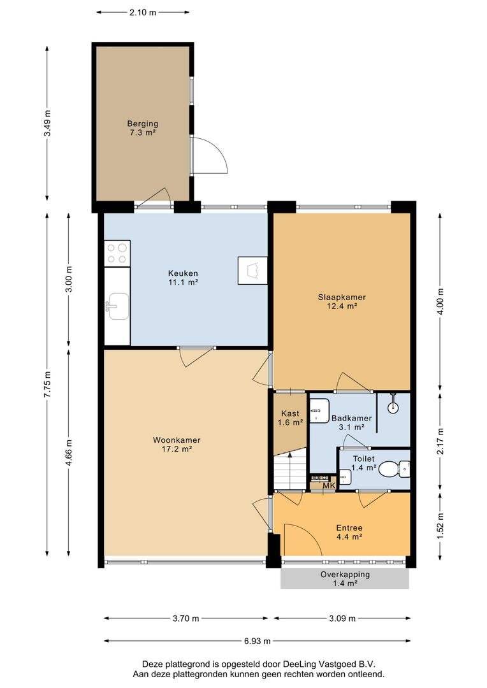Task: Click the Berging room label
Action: [143, 124]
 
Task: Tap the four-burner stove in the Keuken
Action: [117, 253]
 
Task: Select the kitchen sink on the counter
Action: [118, 306]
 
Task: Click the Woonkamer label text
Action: [177, 440]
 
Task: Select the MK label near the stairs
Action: [329, 485]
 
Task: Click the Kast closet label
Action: [290, 413]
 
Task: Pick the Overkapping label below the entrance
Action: [345, 575]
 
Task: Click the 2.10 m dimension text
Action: [143, 12]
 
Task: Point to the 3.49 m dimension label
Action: [47, 123]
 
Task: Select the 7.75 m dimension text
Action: [47, 384]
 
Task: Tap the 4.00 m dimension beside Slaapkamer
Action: [440, 301]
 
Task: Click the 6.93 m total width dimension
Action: [258, 641]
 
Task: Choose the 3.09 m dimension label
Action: [342, 619]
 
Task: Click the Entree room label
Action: [349, 528]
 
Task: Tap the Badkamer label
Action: [351, 418]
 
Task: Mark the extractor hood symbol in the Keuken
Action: [252, 270]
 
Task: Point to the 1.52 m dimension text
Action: [440, 526]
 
